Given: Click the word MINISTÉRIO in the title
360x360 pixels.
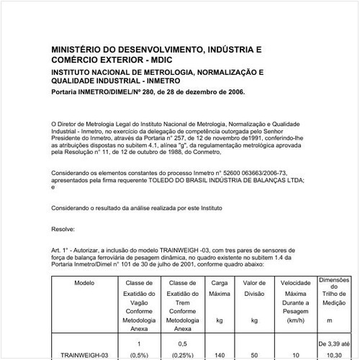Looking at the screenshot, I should (x=75, y=51).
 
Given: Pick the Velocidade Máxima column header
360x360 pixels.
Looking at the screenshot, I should (x=295, y=288).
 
